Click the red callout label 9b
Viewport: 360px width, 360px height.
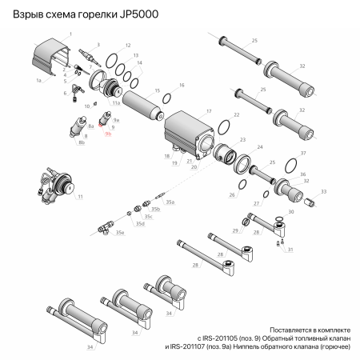coord(109,136)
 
